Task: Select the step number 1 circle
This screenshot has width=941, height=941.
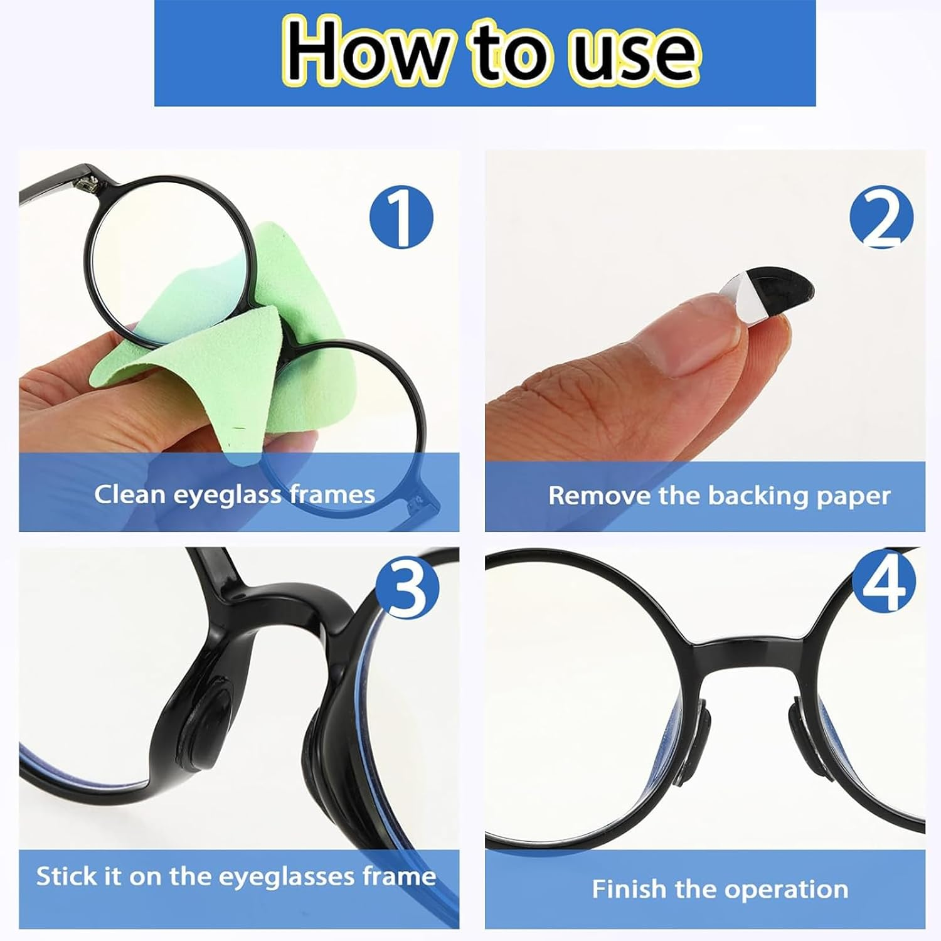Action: point(401,218)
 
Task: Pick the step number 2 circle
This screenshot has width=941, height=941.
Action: point(881,218)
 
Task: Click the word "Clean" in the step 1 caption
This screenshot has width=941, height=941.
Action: point(130,494)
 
